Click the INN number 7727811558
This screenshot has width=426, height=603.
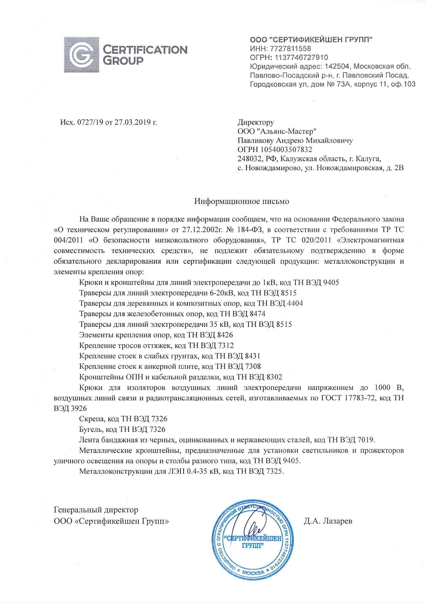[x=291, y=49]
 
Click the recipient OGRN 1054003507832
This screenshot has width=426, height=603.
[x=287, y=149]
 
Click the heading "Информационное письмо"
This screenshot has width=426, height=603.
[x=242, y=201]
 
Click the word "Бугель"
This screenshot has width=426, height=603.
[x=90, y=429]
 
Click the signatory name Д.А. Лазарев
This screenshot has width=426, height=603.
[x=328, y=521]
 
